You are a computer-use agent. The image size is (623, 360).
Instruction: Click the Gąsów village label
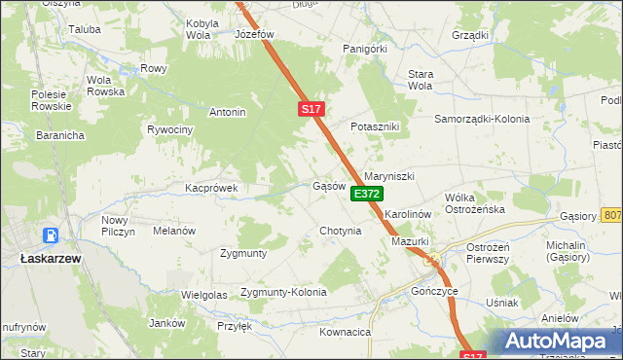click(329, 186)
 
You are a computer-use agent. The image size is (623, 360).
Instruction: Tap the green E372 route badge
click(366, 195)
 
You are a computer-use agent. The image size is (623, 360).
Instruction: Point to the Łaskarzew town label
click(50, 259)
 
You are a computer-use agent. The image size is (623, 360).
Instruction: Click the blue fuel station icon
click(50, 235)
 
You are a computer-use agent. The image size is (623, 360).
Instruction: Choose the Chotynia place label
click(341, 232)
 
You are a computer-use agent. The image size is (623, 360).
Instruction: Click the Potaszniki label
click(376, 127)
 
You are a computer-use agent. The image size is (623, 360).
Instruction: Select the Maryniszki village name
click(389, 176)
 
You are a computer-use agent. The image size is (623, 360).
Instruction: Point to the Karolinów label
click(407, 212)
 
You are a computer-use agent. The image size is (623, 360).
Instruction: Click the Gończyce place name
click(434, 291)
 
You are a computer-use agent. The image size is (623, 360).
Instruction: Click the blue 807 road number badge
click(612, 214)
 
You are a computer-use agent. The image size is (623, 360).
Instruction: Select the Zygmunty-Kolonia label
click(283, 292)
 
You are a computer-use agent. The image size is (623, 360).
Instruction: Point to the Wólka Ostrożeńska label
click(474, 202)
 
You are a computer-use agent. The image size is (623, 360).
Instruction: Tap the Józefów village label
click(256, 33)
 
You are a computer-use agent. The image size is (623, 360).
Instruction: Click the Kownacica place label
click(345, 332)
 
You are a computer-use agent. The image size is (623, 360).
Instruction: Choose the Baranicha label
click(34, 135)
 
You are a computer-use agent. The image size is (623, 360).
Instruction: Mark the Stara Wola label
click(420, 79)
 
